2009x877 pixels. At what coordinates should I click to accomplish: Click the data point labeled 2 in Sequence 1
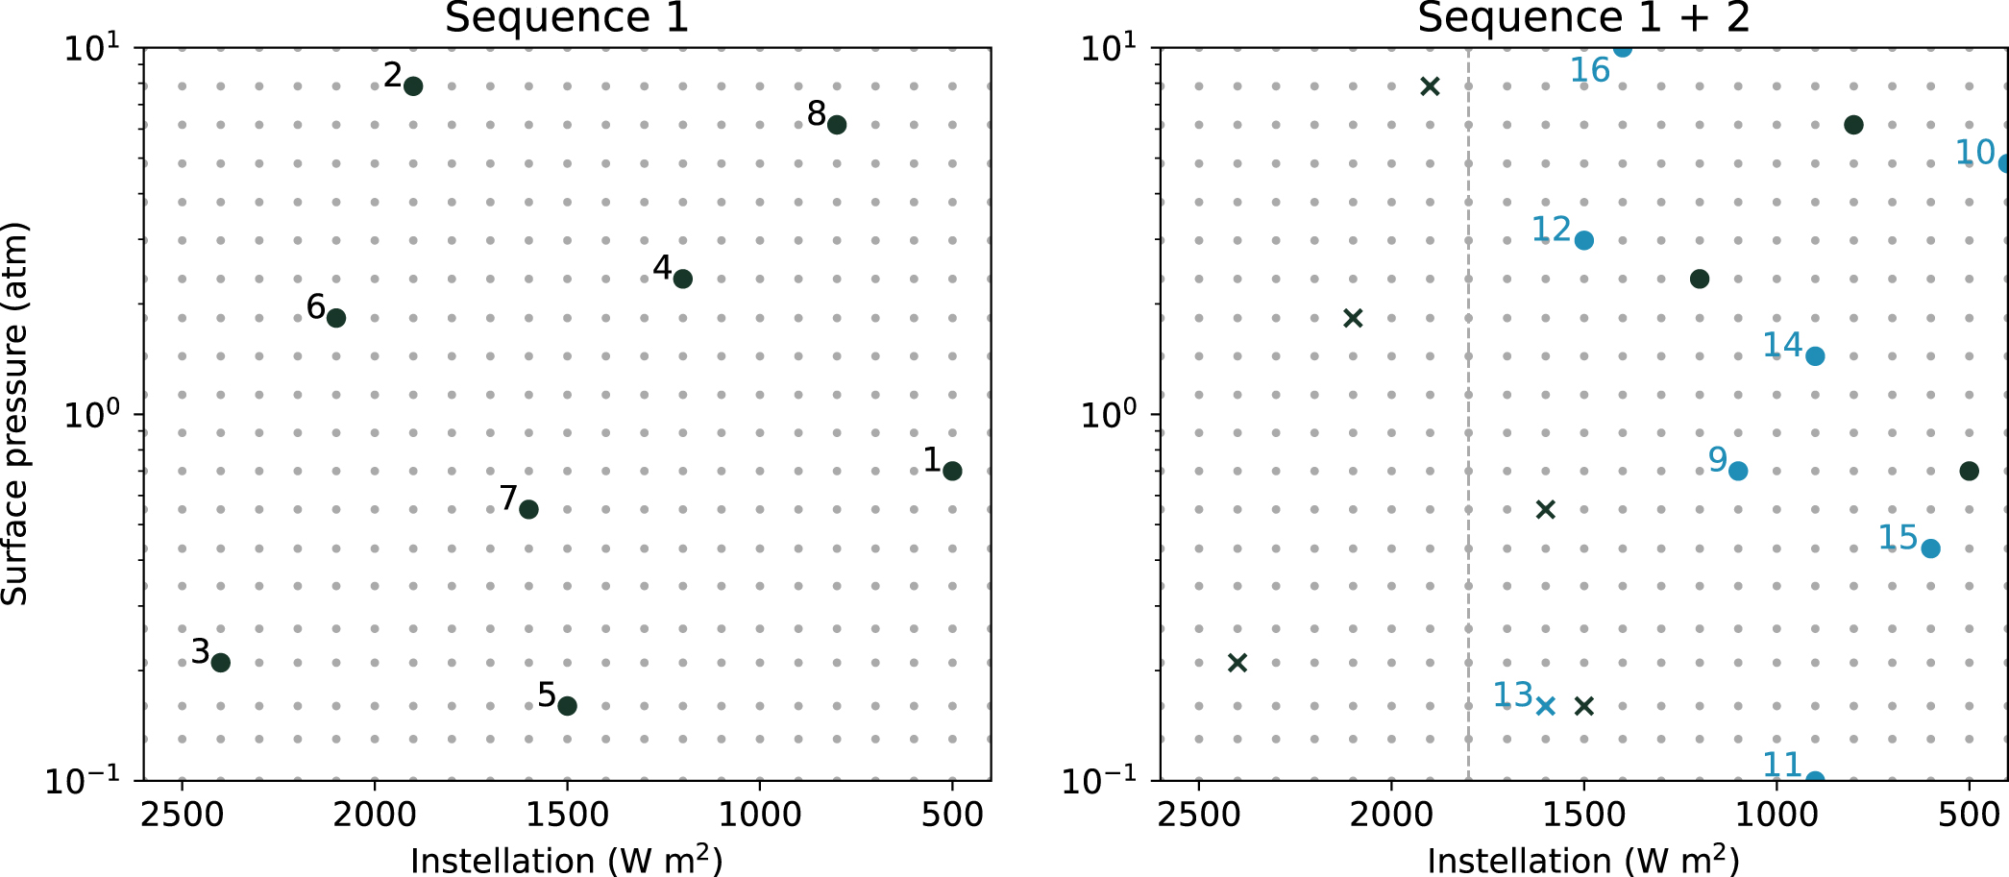coord(413,86)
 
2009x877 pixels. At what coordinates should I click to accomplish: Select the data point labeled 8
coord(837,125)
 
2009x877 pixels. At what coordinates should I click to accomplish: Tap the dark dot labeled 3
coord(220,663)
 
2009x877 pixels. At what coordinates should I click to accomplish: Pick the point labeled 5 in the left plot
coord(567,706)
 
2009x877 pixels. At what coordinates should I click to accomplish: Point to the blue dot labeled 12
coord(1584,240)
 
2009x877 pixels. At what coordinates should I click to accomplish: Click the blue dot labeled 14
coord(1815,356)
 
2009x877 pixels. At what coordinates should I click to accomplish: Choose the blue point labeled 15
coord(1930,548)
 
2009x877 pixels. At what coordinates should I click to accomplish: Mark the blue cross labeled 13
coord(1545,706)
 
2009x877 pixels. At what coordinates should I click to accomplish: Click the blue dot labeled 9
coord(1738,471)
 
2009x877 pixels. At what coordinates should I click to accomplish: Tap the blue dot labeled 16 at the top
coord(1622,49)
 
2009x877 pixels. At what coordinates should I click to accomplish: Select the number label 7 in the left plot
coord(509,498)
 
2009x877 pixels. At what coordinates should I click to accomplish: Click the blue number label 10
coord(1975,152)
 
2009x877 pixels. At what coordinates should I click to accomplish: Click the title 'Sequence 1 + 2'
coord(1583,17)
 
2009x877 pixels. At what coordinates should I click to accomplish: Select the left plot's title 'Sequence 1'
coord(567,17)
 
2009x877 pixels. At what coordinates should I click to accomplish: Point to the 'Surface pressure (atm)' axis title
coord(15,414)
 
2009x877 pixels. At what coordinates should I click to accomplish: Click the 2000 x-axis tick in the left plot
coord(375,815)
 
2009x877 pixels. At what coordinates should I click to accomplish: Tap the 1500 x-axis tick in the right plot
coord(1583,815)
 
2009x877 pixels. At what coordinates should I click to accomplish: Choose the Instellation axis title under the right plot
coord(1583,860)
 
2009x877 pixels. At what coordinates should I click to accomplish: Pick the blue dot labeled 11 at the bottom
coord(1815,779)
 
